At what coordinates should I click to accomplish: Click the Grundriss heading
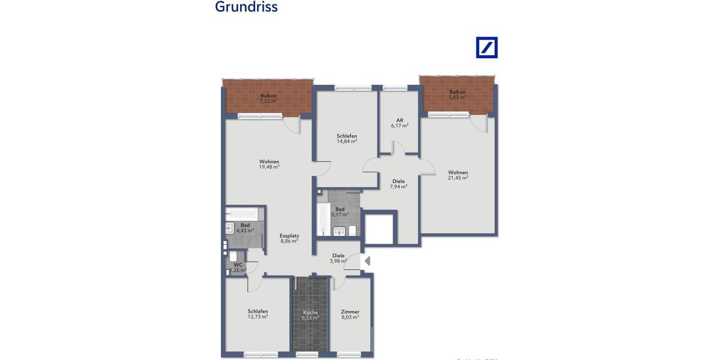click(x=246, y=7)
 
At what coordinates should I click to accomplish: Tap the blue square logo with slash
click(x=487, y=47)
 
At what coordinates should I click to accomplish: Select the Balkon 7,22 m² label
click(x=269, y=98)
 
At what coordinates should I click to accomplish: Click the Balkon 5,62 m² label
click(x=458, y=94)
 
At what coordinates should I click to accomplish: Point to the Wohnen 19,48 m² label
click(x=269, y=164)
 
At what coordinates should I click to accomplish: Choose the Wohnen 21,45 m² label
click(x=458, y=175)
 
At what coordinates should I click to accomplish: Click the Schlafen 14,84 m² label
click(x=347, y=139)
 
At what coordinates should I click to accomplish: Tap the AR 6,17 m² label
click(x=400, y=122)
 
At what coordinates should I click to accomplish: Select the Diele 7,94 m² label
click(x=398, y=184)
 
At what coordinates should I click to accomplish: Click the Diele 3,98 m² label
click(x=338, y=258)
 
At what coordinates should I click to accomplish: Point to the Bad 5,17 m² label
click(x=340, y=211)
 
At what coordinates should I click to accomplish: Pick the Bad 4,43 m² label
click(x=245, y=227)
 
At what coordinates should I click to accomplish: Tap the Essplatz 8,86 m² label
click(x=289, y=239)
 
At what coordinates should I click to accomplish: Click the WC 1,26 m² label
click(x=239, y=267)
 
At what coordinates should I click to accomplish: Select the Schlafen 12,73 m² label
click(x=257, y=314)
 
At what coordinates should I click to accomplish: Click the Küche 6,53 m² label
click(x=310, y=315)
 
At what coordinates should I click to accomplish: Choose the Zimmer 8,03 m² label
click(x=350, y=314)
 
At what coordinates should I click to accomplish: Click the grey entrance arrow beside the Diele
click(x=368, y=261)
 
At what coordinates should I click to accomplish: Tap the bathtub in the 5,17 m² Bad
click(x=323, y=219)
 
